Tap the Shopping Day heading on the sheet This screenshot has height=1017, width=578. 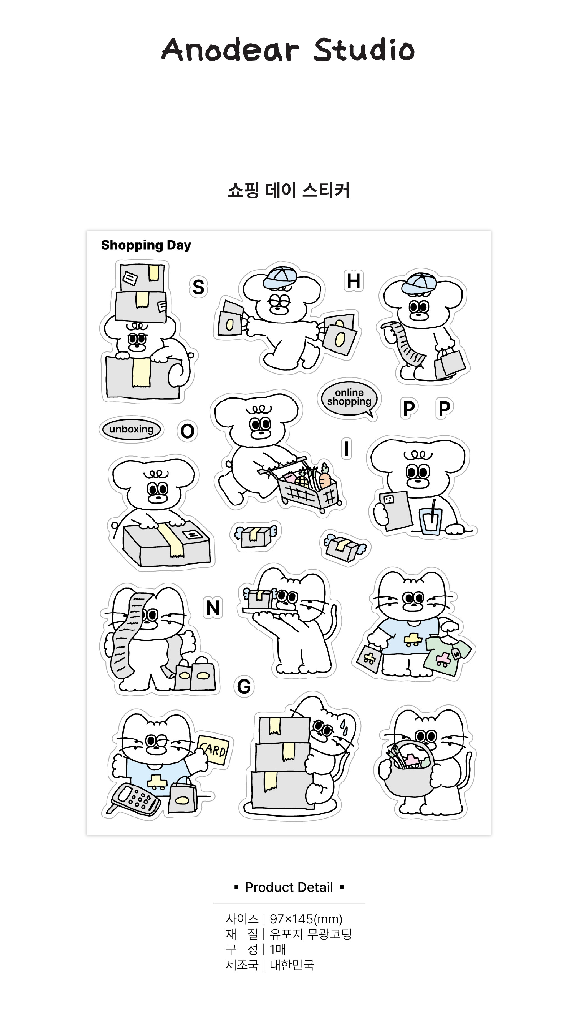tap(146, 245)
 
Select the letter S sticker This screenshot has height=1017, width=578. tap(198, 287)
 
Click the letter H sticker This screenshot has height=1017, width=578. tap(353, 281)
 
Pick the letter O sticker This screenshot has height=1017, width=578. tap(187, 431)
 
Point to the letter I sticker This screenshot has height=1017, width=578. tap(347, 449)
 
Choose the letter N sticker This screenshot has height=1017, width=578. tap(213, 608)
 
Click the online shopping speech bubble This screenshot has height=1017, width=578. tap(349, 397)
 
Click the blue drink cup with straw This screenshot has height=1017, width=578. tap(430, 518)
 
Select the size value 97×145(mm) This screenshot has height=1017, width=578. tap(306, 919)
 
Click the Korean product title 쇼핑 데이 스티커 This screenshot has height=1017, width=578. tap(289, 190)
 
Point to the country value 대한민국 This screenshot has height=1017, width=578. tap(292, 965)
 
